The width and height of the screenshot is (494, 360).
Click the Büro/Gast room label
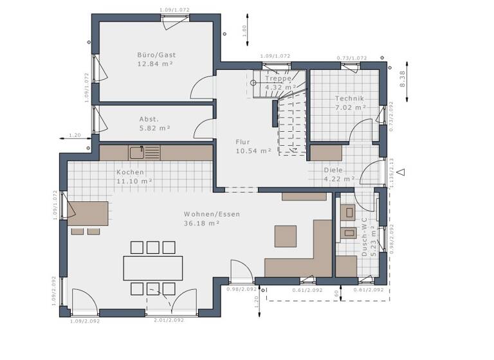pos(156,55)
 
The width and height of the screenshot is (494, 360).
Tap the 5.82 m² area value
pos(154,129)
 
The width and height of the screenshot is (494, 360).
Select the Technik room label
pos(349,98)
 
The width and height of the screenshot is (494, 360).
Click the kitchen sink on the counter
pos(136,152)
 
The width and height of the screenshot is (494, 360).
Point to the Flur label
pos(242,142)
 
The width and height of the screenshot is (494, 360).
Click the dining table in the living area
pos(152,268)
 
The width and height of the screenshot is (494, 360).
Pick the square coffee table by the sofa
pos(286,236)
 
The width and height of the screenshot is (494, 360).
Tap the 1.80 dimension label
pos(244,30)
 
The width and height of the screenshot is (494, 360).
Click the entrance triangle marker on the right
pos(401,172)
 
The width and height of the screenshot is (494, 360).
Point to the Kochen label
pos(131,172)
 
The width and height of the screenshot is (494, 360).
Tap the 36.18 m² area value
pos(202,223)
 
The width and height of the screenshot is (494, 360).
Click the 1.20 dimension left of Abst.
pos(74,135)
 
